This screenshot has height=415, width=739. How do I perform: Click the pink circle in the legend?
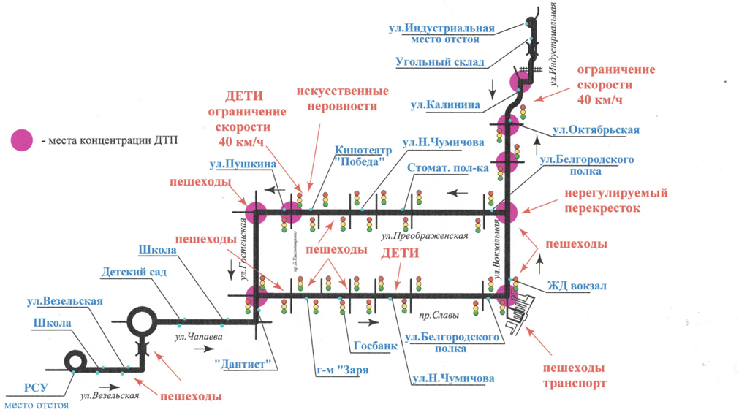(x=22, y=140)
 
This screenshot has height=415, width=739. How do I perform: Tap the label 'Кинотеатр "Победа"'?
(x=363, y=156)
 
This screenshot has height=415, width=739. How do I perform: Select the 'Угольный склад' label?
(x=439, y=62)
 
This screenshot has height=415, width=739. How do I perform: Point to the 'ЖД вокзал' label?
(x=577, y=286)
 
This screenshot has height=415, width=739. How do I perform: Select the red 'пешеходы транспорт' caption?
(x=575, y=375)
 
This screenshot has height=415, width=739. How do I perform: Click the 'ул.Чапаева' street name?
(x=198, y=337)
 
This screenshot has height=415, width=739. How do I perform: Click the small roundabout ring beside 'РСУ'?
(x=75, y=361)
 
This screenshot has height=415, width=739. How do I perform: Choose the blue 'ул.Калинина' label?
(x=444, y=104)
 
